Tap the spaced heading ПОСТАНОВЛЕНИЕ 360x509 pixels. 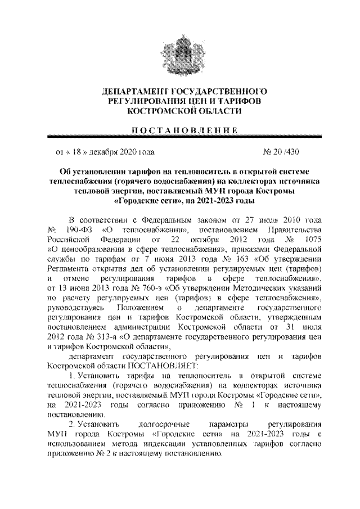179,130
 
